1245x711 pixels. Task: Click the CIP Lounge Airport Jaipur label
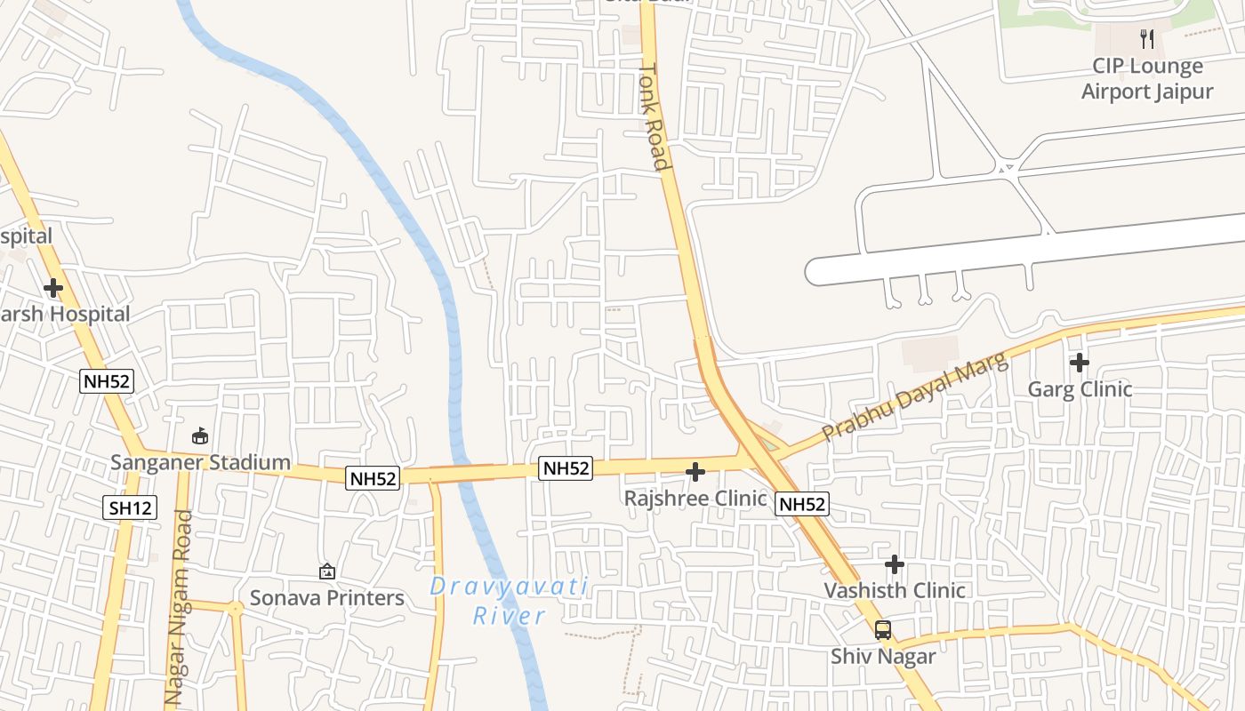point(1146,79)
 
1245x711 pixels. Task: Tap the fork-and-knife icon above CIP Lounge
point(1146,39)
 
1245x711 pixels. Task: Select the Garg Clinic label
point(1080,389)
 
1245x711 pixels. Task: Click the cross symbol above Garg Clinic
point(1080,363)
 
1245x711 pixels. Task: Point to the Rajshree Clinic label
point(695,498)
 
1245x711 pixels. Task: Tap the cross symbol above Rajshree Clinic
point(695,472)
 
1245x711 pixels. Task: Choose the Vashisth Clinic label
point(894,590)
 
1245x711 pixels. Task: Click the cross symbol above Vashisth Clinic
point(895,564)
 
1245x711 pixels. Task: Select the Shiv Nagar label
point(883,657)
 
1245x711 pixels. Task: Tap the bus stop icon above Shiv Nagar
point(883,630)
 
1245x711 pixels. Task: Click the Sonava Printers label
point(327,597)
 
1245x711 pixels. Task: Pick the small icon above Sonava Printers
point(327,571)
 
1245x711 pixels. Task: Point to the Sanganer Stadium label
point(201,462)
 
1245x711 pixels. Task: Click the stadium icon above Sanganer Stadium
point(201,436)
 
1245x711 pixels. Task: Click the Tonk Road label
point(654,116)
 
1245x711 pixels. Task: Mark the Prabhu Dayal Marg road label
point(916,397)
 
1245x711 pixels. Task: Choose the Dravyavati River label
point(509,600)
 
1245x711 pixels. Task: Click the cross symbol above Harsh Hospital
point(53,288)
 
